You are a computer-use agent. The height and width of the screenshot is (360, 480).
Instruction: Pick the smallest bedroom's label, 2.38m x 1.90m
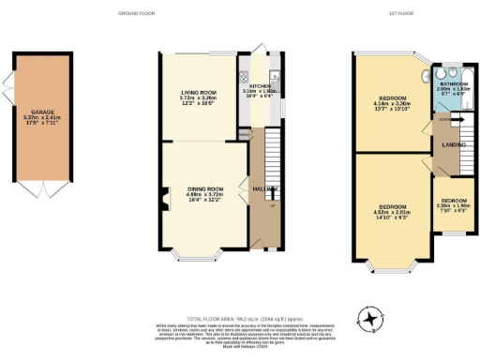[x=454, y=204]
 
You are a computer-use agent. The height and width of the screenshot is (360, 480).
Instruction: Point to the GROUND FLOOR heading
[x=136, y=14]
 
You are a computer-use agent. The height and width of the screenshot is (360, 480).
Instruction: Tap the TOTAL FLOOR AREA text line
[x=239, y=318]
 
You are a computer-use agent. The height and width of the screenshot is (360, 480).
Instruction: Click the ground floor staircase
[x=272, y=159]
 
